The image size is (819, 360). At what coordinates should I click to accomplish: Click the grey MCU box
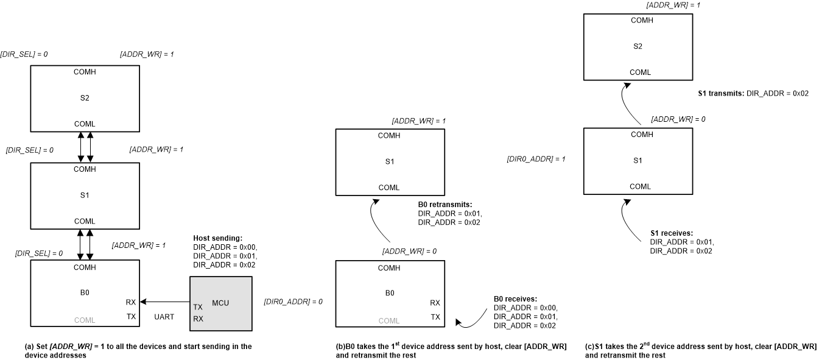pyautogui.click(x=220, y=303)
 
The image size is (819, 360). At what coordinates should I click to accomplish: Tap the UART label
pyautogui.click(x=164, y=318)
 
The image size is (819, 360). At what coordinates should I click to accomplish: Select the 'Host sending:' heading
pyautogui.click(x=217, y=238)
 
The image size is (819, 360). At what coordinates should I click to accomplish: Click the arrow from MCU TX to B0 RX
pyautogui.click(x=164, y=302)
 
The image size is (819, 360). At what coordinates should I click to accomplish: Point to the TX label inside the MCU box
pyautogui.click(x=198, y=307)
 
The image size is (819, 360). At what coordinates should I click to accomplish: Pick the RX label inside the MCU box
pyautogui.click(x=198, y=319)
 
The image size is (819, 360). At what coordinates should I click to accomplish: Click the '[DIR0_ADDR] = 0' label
pyautogui.click(x=293, y=302)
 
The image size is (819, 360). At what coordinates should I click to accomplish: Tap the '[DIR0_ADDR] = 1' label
pyautogui.click(x=536, y=159)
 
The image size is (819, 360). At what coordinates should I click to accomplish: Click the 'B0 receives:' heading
pyautogui.click(x=515, y=299)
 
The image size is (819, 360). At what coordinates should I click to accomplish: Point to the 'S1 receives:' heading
pyautogui.click(x=672, y=233)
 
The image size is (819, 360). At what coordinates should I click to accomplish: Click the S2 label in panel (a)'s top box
pyautogui.click(x=85, y=97)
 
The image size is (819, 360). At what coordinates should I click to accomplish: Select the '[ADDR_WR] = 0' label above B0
pyautogui.click(x=409, y=251)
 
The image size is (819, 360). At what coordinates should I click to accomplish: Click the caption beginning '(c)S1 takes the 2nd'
pyautogui.click(x=700, y=350)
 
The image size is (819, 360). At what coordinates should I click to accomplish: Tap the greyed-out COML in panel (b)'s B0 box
pyautogui.click(x=389, y=320)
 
